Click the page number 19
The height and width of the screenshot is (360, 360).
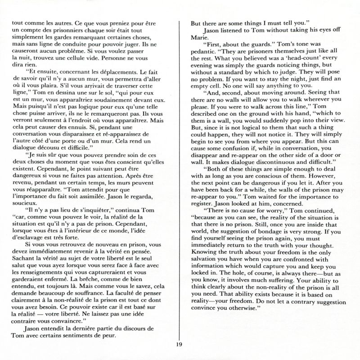coord(179,345)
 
